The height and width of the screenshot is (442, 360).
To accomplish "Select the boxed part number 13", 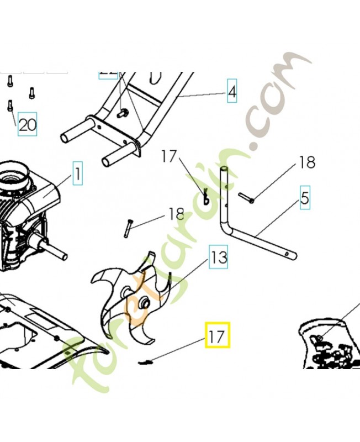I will pyautogui.click(x=219, y=257).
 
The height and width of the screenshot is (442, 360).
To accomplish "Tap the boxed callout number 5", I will pyautogui.click(x=305, y=198).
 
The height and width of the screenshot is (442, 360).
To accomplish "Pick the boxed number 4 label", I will pyautogui.click(x=232, y=92).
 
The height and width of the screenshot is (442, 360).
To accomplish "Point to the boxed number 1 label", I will pyautogui.click(x=77, y=175).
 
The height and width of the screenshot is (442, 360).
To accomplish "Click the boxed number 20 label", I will pyautogui.click(x=28, y=125).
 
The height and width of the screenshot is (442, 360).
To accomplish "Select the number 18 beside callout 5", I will pyautogui.click(x=307, y=162).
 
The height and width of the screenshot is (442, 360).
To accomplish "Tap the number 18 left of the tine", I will pyautogui.click(x=177, y=214).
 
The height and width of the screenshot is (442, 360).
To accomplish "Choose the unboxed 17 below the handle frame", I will pyautogui.click(x=170, y=157).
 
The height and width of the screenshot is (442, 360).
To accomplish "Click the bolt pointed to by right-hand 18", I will pyautogui.click(x=246, y=197).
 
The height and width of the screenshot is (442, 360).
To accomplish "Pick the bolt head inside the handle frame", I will pyautogui.click(x=123, y=113).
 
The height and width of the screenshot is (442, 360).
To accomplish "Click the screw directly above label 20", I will pyautogui.click(x=10, y=104).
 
